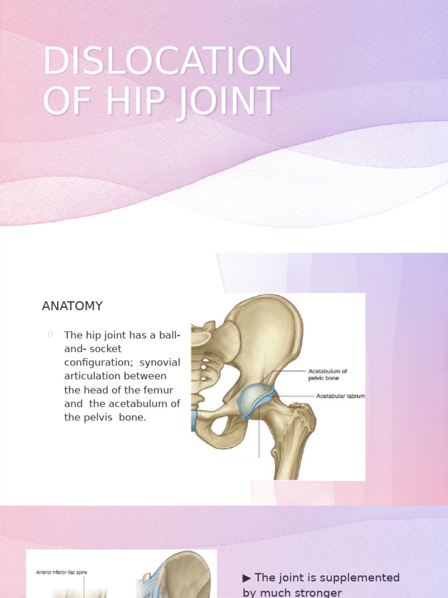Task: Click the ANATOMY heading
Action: click(72, 306)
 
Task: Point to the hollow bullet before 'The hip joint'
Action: click(51, 334)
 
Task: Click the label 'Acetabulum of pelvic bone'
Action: click(327, 374)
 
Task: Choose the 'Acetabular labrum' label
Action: click(340, 396)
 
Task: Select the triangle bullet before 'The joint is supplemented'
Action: click(247, 578)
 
